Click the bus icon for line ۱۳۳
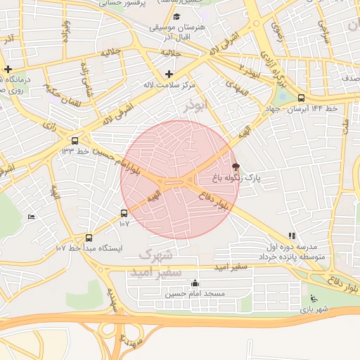coord(75,140)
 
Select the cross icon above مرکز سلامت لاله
coord(169,74)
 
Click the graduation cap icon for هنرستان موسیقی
coord(176,16)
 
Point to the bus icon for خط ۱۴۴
coord(301,98)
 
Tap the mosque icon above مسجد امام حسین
coord(195,283)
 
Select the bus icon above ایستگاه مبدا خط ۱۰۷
coord(89,238)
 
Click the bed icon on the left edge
coord(31,217)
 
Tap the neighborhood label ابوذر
coord(193,106)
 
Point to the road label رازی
coord(49,124)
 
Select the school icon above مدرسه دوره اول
coord(292,236)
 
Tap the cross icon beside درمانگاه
coord(8,69)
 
